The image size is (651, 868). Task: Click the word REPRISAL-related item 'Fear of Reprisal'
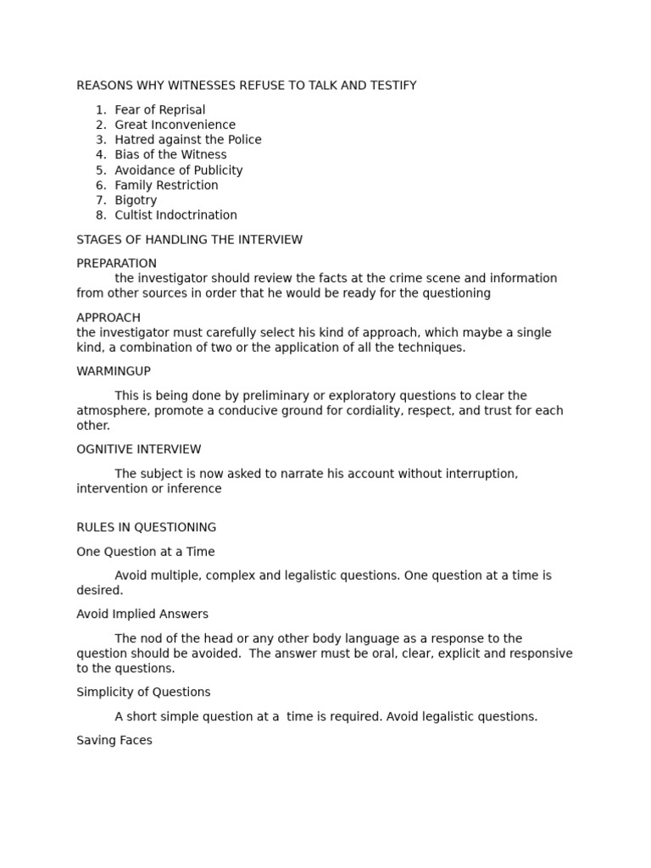pyautogui.click(x=159, y=110)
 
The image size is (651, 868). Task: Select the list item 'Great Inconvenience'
pyautogui.click(x=175, y=125)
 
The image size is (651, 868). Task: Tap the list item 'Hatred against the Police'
pyautogui.click(x=187, y=140)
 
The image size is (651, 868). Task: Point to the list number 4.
pyautogui.click(x=101, y=155)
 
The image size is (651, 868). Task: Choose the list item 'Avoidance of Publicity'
pyautogui.click(x=178, y=170)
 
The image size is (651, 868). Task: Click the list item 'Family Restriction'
pyautogui.click(x=166, y=186)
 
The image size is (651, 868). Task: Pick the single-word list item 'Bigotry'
pyautogui.click(x=136, y=201)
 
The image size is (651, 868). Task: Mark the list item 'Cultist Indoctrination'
pyautogui.click(x=175, y=215)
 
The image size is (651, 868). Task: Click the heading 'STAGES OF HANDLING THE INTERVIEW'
pyautogui.click(x=189, y=240)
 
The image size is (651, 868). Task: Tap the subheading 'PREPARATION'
pyautogui.click(x=116, y=264)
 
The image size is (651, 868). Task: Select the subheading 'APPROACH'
pyautogui.click(x=108, y=318)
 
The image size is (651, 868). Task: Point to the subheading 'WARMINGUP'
pyautogui.click(x=114, y=371)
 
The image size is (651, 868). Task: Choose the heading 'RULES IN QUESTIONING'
pyautogui.click(x=146, y=527)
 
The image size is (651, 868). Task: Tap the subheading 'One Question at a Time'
pyautogui.click(x=145, y=552)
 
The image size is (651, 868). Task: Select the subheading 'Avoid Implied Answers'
pyautogui.click(x=142, y=614)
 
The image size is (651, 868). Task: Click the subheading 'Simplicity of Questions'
pyautogui.click(x=143, y=692)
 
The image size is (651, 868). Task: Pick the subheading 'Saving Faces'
pyautogui.click(x=114, y=740)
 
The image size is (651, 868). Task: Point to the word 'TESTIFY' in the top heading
pyautogui.click(x=392, y=86)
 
